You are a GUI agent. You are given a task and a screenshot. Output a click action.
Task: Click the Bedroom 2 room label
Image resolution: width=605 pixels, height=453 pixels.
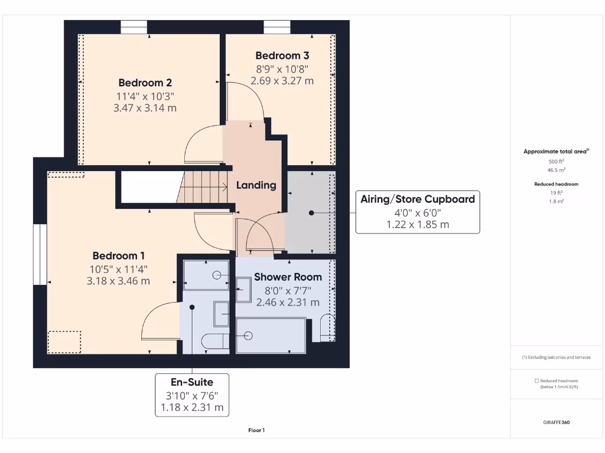coord(145,83)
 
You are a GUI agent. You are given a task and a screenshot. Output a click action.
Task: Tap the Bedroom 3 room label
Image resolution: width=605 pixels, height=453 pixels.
coord(282,55)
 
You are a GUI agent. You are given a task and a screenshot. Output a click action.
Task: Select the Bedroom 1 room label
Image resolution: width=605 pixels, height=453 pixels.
coord(118,256)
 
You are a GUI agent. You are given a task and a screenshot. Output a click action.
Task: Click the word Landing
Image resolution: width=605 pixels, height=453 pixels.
coord(256,185)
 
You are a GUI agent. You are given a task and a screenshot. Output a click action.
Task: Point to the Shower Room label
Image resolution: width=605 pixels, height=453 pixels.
coord(288,277)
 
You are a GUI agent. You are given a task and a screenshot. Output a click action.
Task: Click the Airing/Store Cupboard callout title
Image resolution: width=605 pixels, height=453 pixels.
coord(417,199)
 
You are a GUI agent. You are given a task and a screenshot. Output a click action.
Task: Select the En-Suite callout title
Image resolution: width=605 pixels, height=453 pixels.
coord(192,382)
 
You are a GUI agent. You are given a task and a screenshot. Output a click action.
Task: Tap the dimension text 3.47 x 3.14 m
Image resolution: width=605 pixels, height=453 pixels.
coord(145,108)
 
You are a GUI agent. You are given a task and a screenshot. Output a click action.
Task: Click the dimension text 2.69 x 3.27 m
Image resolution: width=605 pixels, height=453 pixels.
coord(282,81)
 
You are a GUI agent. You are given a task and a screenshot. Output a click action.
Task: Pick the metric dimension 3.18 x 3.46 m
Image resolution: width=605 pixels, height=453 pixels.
coord(118,281)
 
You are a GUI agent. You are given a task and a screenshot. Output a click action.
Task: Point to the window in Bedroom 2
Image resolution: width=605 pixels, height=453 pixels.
coord(134,27)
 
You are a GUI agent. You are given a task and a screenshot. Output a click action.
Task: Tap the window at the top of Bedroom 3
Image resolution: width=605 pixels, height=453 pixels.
coord(277,27)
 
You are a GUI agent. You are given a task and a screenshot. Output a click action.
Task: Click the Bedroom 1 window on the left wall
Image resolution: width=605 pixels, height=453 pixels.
coord(40,254)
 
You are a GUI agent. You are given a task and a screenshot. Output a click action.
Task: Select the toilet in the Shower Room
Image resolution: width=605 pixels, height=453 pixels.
coord(327,328)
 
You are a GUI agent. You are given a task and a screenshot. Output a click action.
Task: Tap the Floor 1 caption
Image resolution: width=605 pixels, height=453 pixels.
coord(256,431)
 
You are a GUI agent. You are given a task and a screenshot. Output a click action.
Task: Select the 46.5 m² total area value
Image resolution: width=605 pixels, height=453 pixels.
coord(557,169)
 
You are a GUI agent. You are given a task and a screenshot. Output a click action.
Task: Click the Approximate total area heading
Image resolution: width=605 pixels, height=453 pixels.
coord(556,152)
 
